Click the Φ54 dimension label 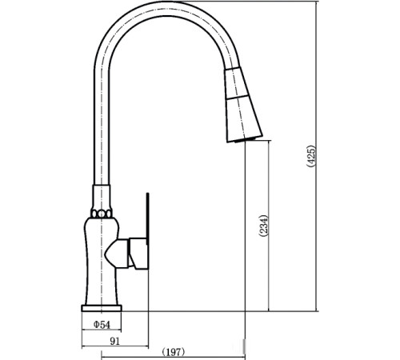click(x=102, y=325)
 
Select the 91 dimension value click(x=115, y=342)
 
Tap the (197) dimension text click(x=174, y=352)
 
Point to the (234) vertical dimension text click(x=263, y=226)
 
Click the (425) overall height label click(x=311, y=156)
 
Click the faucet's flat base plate click(x=102, y=308)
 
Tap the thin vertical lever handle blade click(x=147, y=216)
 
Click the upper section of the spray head click(x=236, y=82)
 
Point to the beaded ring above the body click(x=102, y=214)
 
